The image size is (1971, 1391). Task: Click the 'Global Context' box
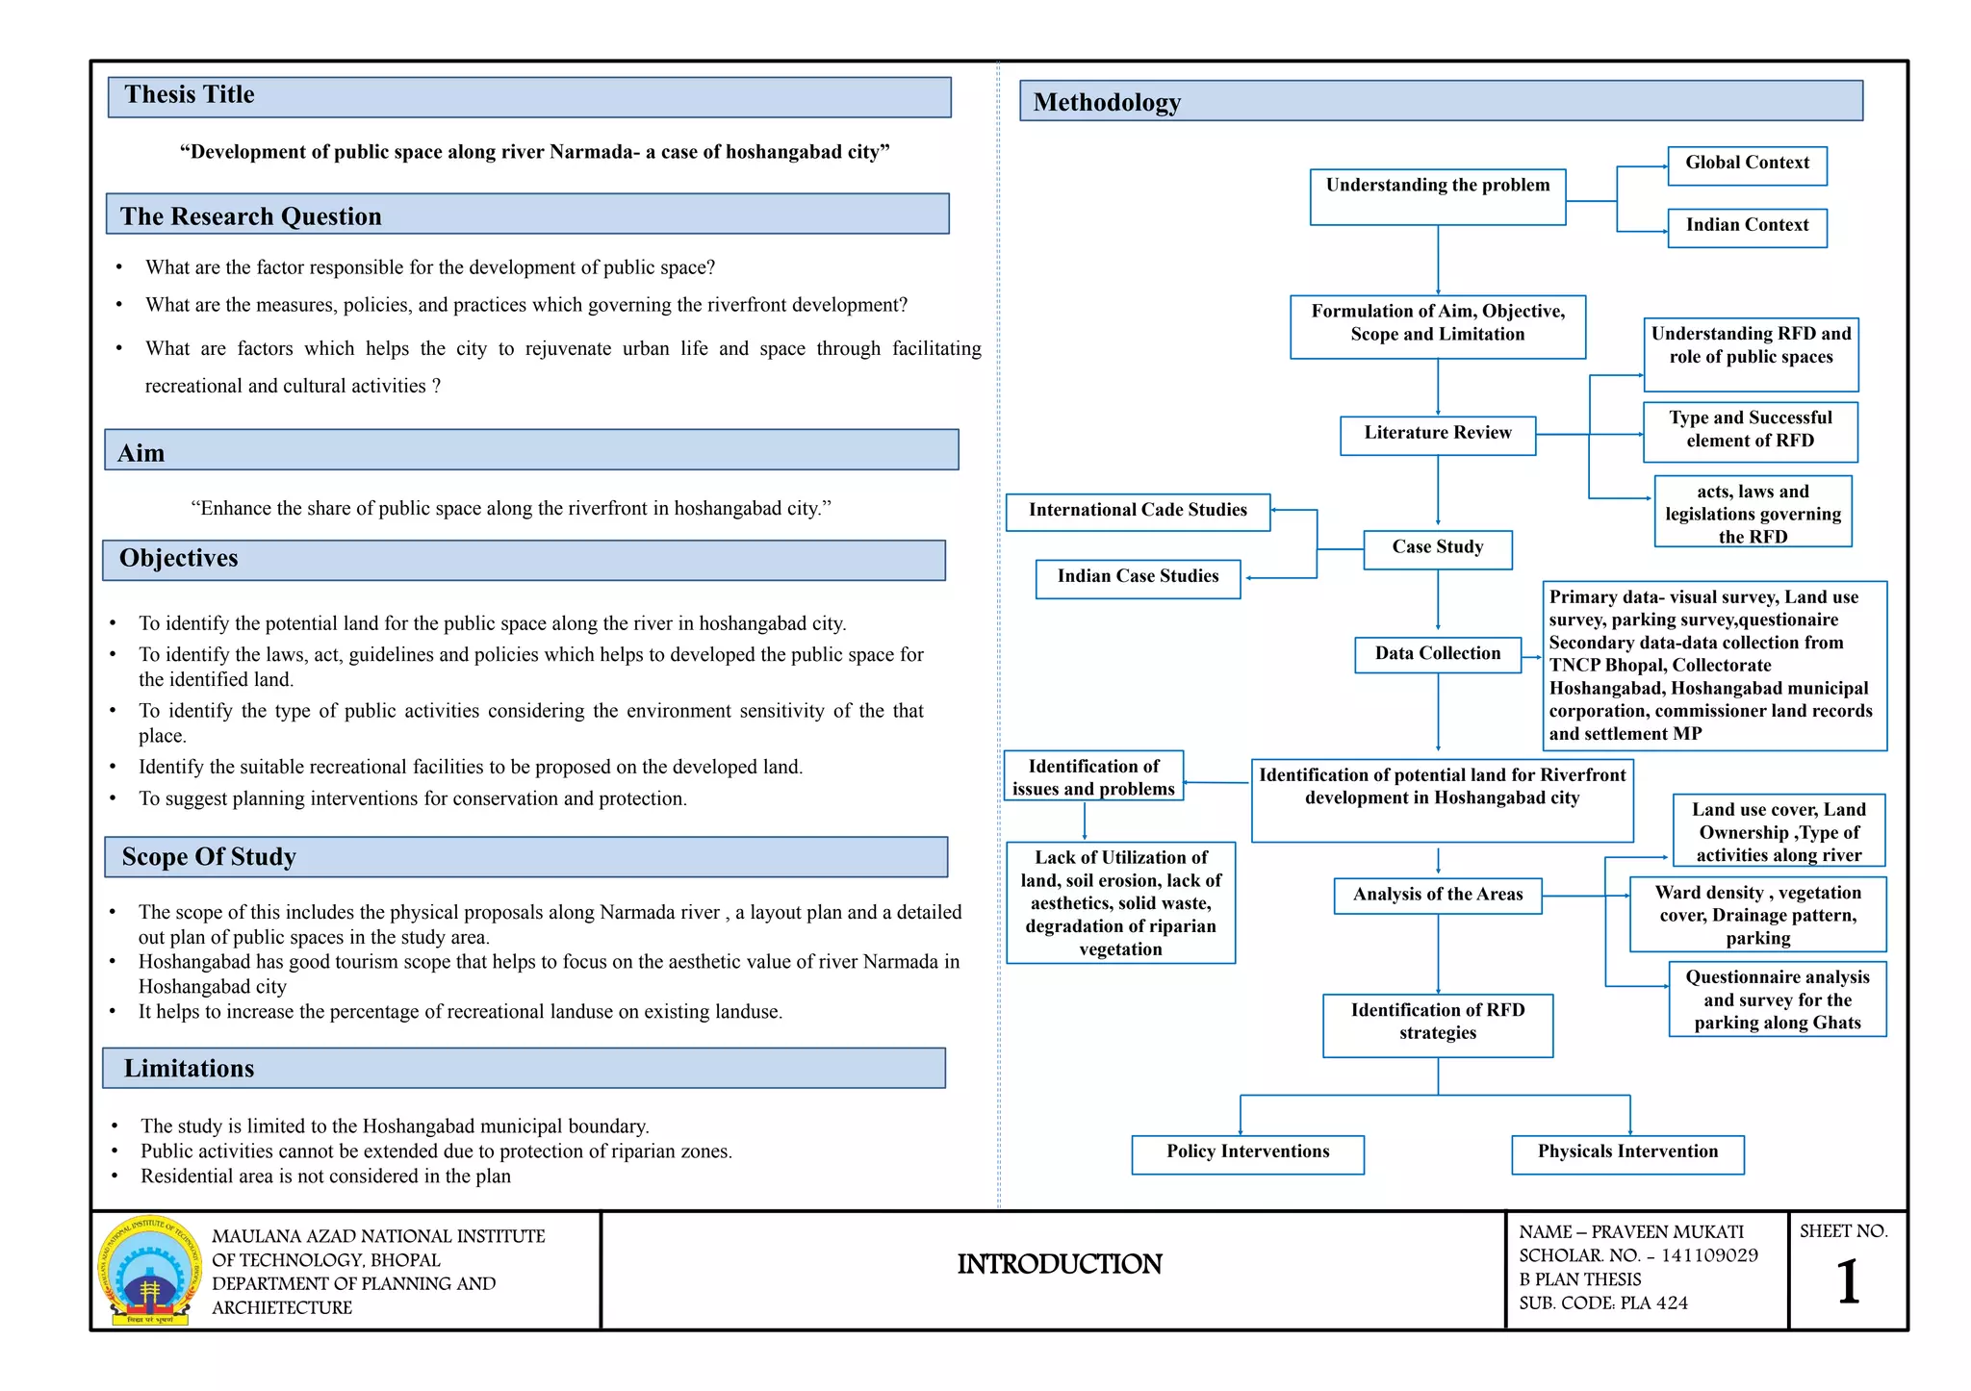click(x=1747, y=164)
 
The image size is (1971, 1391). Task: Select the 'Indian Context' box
click(x=1747, y=227)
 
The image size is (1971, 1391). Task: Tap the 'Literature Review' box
click(x=1437, y=435)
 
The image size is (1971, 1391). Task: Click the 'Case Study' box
click(x=1437, y=549)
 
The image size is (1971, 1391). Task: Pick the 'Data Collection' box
click(x=1437, y=654)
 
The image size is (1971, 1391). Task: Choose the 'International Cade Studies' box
click(x=1138, y=512)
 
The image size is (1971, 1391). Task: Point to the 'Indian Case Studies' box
click(x=1138, y=578)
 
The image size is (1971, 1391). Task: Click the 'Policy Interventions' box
click(x=1247, y=1153)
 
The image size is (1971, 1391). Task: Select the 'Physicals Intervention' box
click(x=1627, y=1153)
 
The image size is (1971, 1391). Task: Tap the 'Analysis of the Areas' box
click(x=1437, y=896)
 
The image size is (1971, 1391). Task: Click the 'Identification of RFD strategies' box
click(x=1437, y=1024)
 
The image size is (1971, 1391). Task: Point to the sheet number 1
click(x=1848, y=1283)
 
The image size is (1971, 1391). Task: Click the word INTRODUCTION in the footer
click(x=1060, y=1265)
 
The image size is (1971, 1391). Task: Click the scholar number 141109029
click(x=1709, y=1255)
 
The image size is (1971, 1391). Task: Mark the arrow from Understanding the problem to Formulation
click(x=1438, y=260)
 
